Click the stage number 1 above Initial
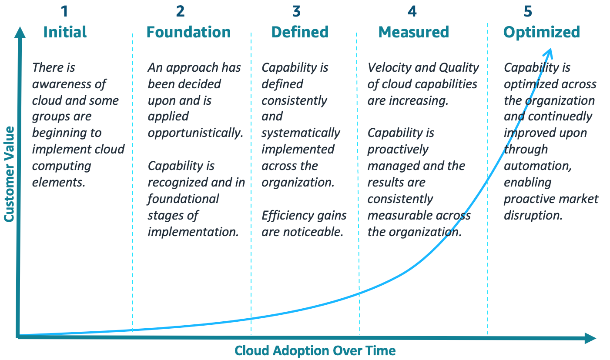tap(65, 11)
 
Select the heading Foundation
tap(188, 32)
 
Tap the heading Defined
tap(300, 32)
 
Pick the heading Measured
tap(413, 32)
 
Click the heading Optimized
tap(542, 32)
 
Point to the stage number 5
tap(528, 11)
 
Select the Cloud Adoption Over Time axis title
tap(315, 351)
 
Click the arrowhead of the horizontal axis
tap(590, 338)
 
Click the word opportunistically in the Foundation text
tap(195, 133)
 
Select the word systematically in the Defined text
tap(301, 133)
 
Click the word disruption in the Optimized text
tap(533, 215)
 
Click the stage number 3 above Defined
tap(296, 11)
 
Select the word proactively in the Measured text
tap(398, 150)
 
